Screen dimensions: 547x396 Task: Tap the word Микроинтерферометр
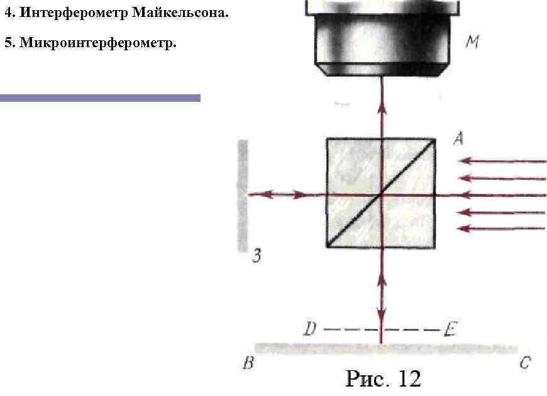98,43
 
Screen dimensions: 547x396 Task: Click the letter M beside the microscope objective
473,41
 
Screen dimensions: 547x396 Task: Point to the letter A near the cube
459,138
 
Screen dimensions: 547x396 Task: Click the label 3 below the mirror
257,256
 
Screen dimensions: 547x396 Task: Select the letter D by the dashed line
310,328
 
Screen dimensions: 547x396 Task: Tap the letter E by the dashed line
450,329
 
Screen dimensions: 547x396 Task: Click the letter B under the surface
248,363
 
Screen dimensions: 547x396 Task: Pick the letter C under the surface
525,363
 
